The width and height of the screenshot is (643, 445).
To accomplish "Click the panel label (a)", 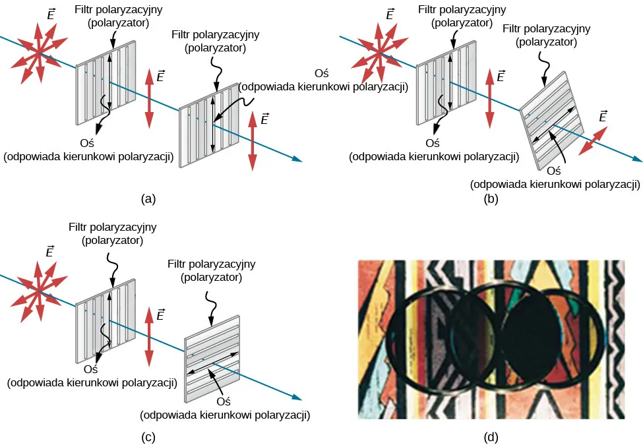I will coord(148,198).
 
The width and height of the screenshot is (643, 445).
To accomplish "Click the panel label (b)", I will coord(490,198).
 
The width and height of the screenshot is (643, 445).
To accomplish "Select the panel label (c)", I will coord(148,436).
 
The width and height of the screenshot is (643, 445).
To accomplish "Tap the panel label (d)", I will coord(490,436).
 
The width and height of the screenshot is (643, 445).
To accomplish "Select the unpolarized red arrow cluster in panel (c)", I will coord(40,290).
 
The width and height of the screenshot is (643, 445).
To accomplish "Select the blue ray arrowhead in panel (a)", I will coord(299,160).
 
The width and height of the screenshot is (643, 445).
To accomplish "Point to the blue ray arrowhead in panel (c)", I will coord(299,398).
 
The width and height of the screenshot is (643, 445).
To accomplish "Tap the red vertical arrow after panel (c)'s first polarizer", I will coord(149,337).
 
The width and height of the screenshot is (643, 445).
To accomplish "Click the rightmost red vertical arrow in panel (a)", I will coord(253,142).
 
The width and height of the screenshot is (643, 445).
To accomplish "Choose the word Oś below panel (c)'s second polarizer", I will coord(224,400).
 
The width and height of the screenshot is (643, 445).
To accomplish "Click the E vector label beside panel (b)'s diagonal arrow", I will coord(602,117).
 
